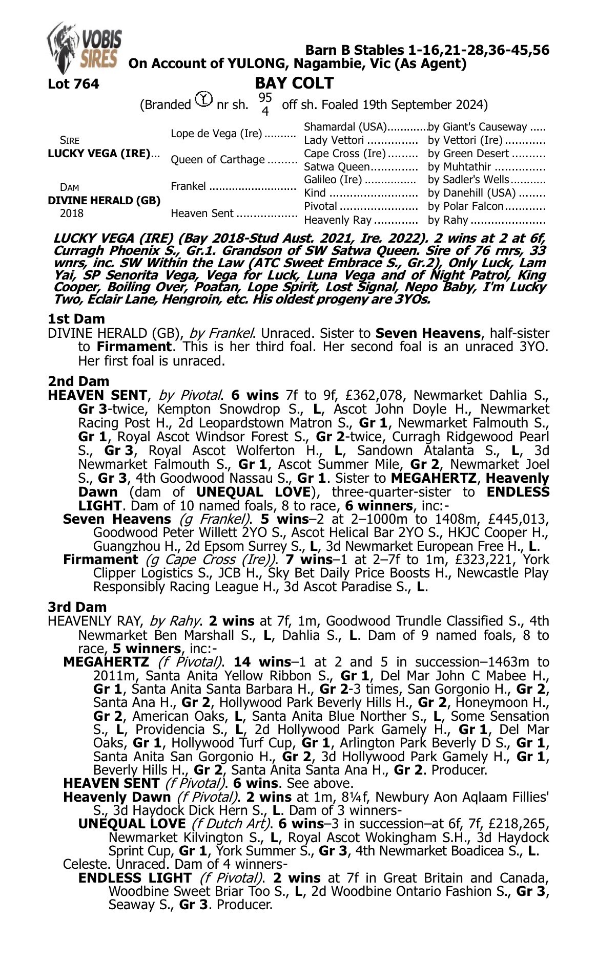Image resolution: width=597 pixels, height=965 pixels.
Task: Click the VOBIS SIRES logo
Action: [84, 48]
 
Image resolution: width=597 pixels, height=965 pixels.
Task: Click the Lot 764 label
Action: [73, 84]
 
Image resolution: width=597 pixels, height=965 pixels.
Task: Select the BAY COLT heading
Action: [294, 83]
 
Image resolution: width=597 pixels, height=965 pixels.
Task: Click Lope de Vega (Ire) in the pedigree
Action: [216, 134]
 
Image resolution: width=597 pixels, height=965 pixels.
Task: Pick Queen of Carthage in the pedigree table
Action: [217, 160]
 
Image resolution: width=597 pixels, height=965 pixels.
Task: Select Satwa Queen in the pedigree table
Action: [336, 167]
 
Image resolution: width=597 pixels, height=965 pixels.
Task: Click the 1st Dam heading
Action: [76, 319]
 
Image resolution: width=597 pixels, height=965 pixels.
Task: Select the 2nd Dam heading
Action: [78, 381]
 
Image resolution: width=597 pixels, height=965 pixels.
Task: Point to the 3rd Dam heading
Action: [77, 607]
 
